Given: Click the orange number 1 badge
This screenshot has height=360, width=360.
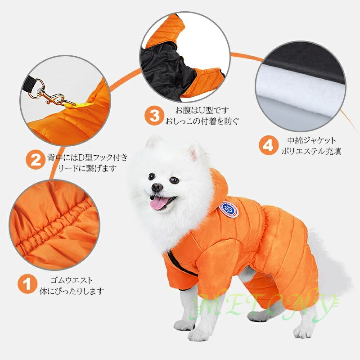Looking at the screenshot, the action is (27, 284).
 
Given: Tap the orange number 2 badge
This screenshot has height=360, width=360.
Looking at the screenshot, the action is (36, 160).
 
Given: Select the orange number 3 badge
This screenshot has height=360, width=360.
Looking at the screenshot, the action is (154, 116).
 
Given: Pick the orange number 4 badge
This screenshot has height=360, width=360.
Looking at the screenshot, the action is (268, 145).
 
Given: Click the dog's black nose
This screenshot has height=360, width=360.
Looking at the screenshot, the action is (157, 187).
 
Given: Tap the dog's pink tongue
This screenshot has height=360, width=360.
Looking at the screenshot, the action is (158, 203).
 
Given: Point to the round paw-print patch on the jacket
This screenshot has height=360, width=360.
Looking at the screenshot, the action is (229, 209).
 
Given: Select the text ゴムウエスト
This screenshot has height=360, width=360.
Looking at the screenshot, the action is (72, 280).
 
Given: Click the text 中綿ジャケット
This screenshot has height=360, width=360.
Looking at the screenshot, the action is (311, 140).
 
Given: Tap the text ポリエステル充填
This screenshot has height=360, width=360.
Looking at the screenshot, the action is (311, 151).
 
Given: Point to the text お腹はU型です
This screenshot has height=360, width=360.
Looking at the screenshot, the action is (202, 110).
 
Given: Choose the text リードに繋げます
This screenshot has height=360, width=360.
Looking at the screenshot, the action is (87, 168).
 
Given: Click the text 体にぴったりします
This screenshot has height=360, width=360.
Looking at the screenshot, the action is (72, 291).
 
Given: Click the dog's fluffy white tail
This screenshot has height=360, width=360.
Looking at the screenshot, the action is (331, 264).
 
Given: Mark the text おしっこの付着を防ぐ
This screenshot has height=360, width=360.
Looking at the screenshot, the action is (202, 121).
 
